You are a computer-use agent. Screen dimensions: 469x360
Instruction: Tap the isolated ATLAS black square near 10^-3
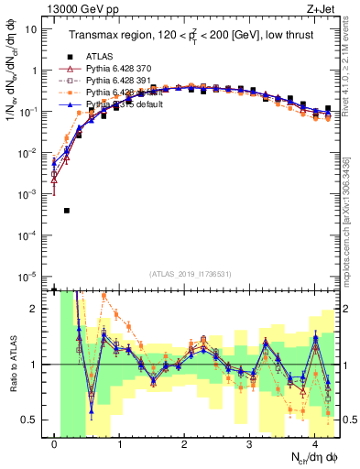[x=66, y=210]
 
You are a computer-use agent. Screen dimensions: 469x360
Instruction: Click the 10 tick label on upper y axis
[x=31, y=28]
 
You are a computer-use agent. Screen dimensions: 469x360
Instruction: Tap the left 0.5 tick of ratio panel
[x=31, y=420]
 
